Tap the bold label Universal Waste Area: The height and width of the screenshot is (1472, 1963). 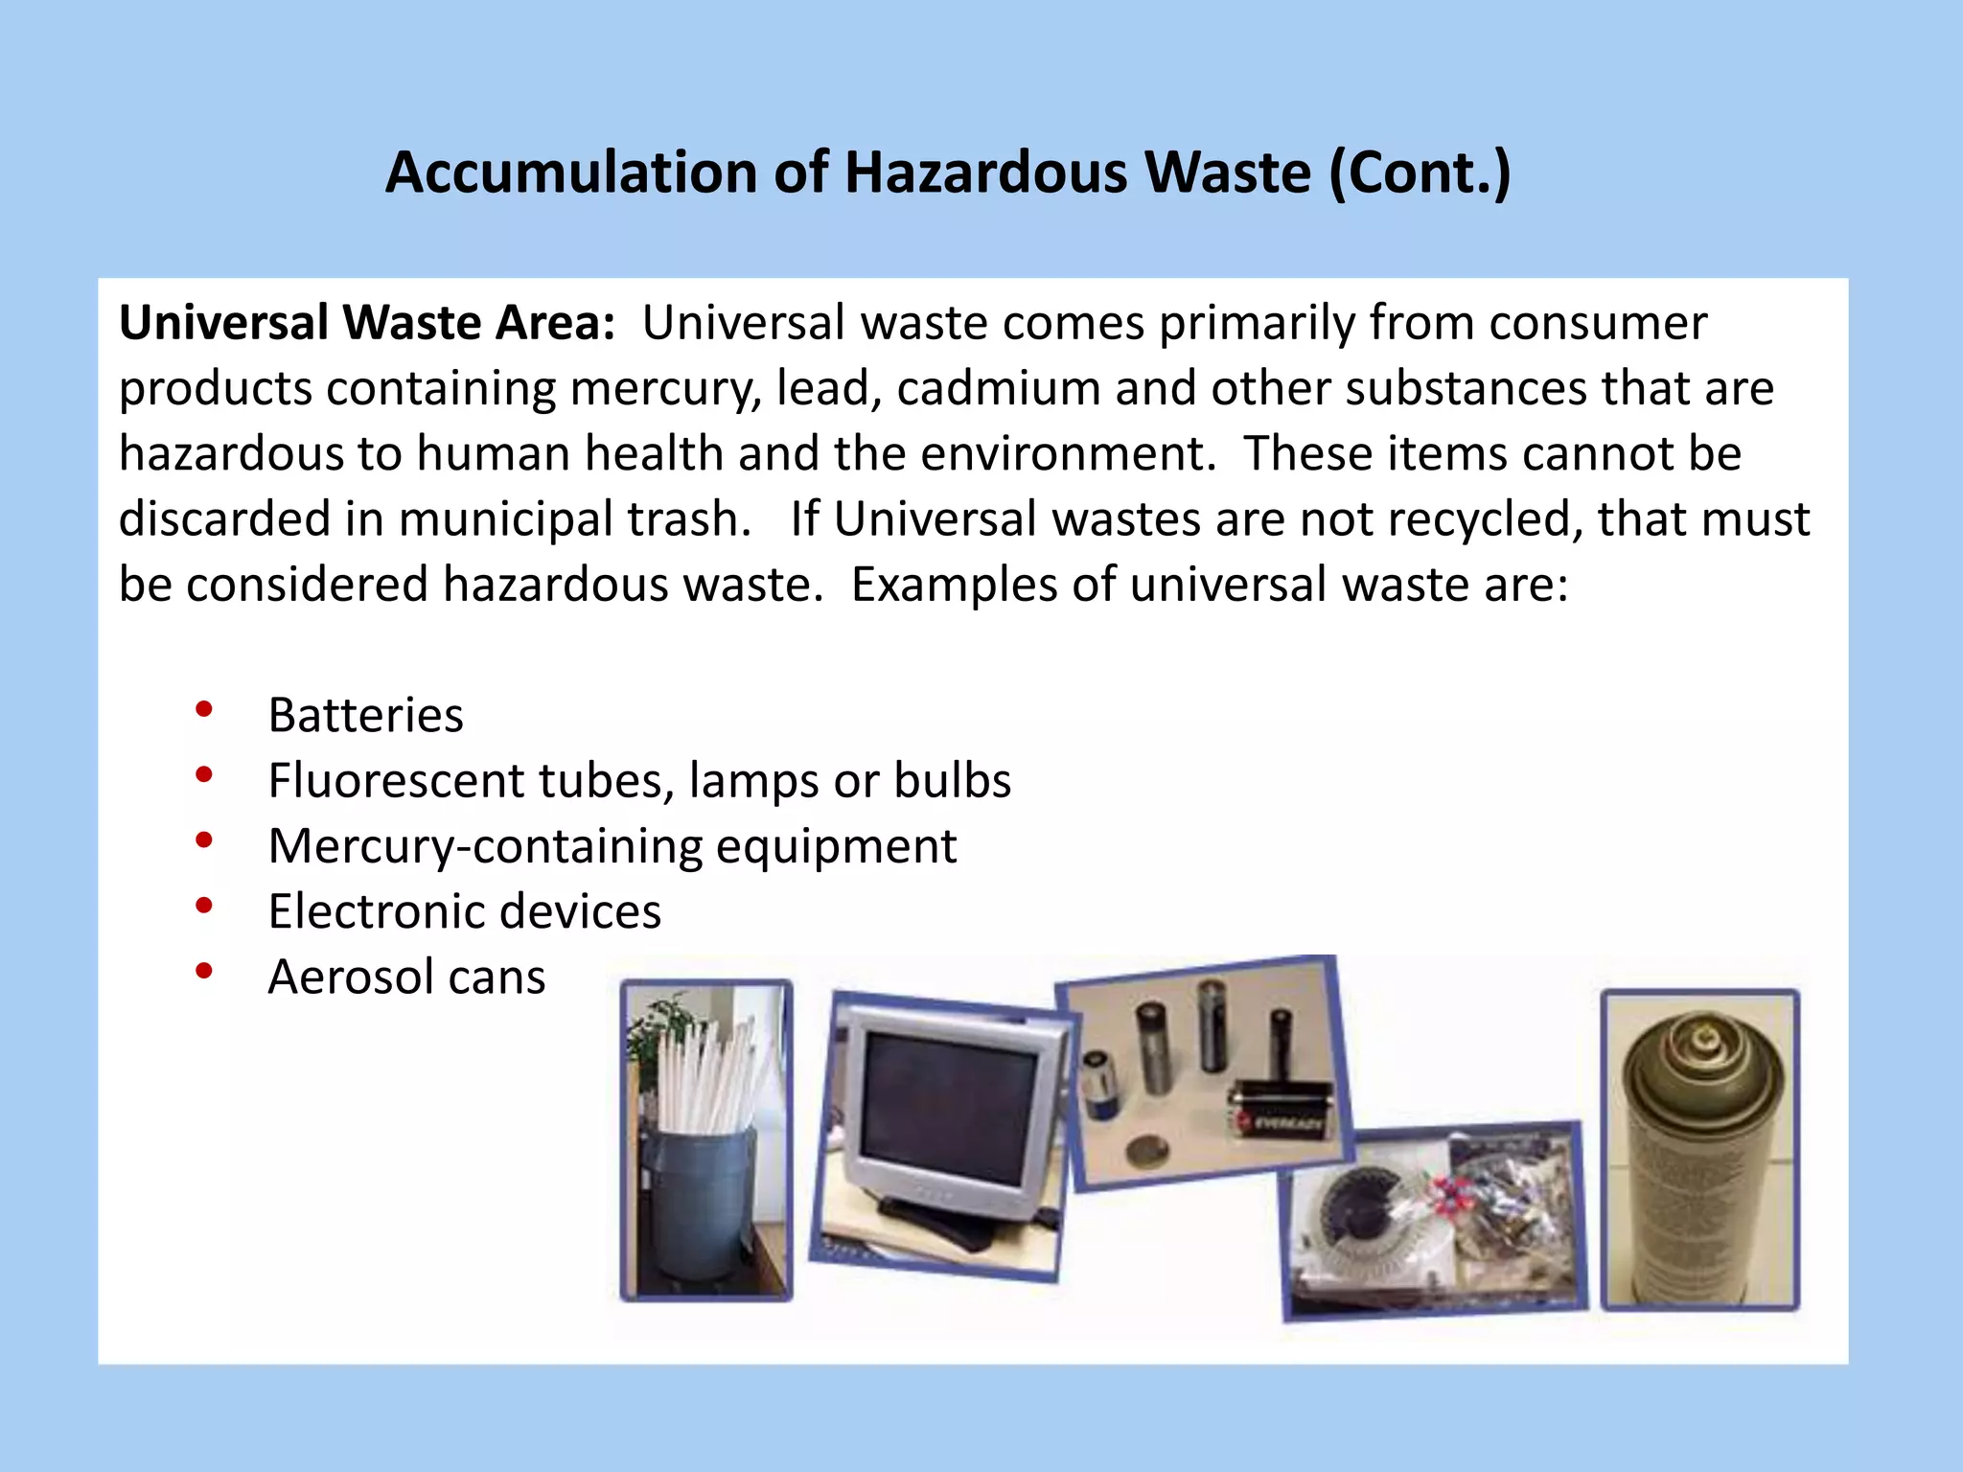pyautogui.click(x=366, y=323)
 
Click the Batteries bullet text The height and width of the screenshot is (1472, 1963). pyautogui.click(x=365, y=715)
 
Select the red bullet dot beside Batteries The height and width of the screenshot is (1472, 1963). pyautogui.click(x=203, y=709)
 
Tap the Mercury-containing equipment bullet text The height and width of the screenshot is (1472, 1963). pyautogui.click(x=612, y=846)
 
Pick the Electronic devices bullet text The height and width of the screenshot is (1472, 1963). pyautogui.click(x=464, y=911)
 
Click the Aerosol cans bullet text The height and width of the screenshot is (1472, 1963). pyautogui.click(x=406, y=977)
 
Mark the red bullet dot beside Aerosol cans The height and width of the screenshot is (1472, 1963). pyautogui.click(x=203, y=971)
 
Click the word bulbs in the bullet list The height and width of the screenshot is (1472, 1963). pyautogui.click(x=952, y=780)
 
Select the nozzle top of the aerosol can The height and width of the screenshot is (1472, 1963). pyautogui.click(x=1703, y=1037)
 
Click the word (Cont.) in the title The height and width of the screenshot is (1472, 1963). pyautogui.click(x=1420, y=173)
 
